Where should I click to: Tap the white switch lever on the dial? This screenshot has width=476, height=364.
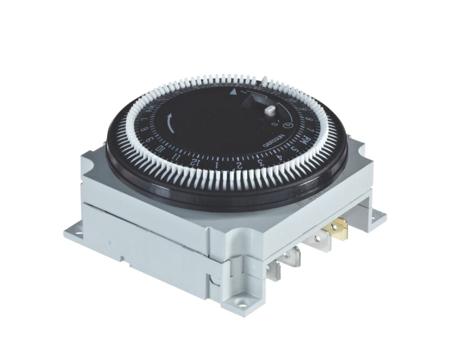pyautogui.click(x=270, y=111)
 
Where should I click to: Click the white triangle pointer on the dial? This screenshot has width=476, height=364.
pyautogui.click(x=233, y=93)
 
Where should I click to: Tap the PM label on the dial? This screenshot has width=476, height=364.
pyautogui.click(x=302, y=142)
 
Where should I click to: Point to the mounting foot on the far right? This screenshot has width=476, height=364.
pyautogui.click(x=377, y=216)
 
